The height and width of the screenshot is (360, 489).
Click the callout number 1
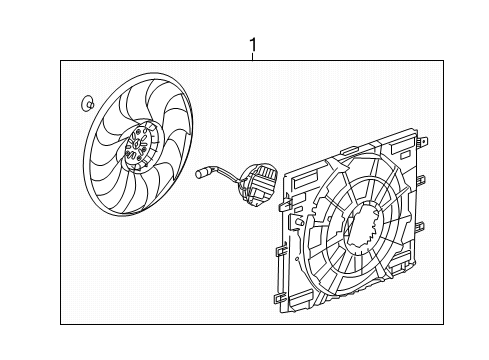point(253,44)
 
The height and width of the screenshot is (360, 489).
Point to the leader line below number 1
point(253,57)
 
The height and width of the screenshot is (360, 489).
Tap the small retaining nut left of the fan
point(86,101)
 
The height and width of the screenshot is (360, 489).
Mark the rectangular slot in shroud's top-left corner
point(299,180)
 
